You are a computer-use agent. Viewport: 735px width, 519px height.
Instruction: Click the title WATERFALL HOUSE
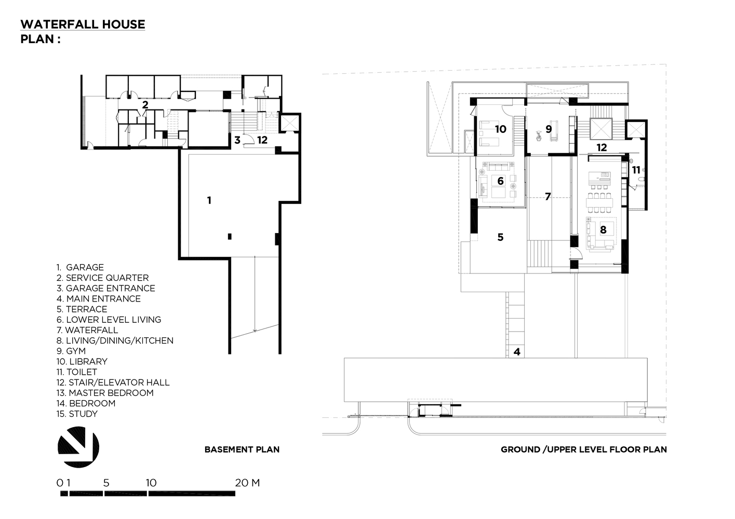[83, 24]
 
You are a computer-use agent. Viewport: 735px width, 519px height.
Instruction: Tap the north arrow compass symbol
[78, 447]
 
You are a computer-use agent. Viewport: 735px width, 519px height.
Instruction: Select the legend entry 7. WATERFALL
[87, 330]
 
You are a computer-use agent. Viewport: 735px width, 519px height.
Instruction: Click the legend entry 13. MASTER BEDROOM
[105, 393]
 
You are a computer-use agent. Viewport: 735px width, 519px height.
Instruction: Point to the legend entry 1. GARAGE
[81, 267]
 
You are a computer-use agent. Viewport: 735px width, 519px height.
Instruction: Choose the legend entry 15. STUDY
[77, 414]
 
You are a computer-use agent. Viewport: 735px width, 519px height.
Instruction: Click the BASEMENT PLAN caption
[242, 449]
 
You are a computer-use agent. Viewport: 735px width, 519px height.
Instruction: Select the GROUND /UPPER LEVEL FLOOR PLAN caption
[583, 449]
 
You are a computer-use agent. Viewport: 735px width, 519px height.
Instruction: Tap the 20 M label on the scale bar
[247, 483]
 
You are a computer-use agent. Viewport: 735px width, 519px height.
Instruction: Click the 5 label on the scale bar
[106, 483]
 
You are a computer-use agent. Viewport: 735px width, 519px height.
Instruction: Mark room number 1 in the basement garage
[209, 200]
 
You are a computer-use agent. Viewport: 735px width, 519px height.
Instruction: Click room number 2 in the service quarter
[145, 104]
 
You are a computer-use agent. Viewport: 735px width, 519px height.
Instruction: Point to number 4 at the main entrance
[516, 352]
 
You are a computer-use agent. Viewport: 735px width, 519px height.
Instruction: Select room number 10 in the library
[500, 129]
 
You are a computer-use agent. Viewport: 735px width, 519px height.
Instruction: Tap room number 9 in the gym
[549, 129]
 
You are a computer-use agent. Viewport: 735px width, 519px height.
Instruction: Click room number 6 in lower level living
[500, 181]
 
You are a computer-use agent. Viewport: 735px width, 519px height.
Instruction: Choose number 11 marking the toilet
[636, 170]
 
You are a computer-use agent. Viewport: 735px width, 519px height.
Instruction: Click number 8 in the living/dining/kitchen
[603, 229]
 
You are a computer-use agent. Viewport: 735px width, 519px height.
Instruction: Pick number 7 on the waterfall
[547, 197]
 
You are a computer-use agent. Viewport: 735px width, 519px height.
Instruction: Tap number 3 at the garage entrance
[237, 140]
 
